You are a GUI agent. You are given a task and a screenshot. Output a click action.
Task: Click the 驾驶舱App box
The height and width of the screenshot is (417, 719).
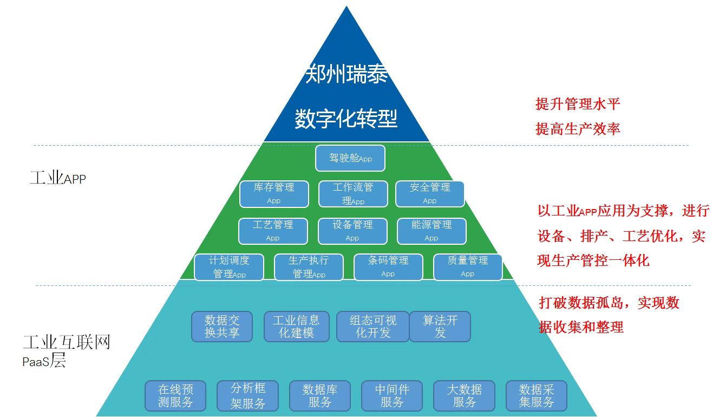click(x=350, y=158)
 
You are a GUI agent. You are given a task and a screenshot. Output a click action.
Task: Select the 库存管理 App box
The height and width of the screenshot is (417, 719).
click(x=274, y=194)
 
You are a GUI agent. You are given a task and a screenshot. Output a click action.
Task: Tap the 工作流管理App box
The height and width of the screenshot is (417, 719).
click(x=353, y=194)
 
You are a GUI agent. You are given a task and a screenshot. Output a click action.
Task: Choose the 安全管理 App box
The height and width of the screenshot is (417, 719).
click(x=430, y=194)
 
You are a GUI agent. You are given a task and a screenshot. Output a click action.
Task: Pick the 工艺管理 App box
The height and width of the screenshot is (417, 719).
click(x=273, y=231)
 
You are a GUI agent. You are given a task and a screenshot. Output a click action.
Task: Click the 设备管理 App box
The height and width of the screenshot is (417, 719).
click(x=352, y=231)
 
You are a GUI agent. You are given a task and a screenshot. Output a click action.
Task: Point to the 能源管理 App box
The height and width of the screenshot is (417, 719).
click(x=432, y=231)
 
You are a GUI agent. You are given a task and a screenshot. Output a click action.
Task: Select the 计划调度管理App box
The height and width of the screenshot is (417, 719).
click(x=229, y=267)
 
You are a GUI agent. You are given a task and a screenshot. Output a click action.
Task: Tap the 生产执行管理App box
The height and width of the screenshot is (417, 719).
click(x=309, y=267)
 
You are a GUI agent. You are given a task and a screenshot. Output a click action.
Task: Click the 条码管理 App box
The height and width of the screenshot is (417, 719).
click(x=388, y=267)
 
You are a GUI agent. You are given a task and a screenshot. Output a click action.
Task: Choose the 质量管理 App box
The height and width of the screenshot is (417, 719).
click(x=468, y=267)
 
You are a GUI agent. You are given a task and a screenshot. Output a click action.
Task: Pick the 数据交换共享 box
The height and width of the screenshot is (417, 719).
click(x=222, y=326)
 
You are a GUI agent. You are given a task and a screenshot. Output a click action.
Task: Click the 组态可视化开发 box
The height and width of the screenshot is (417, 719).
click(x=372, y=326)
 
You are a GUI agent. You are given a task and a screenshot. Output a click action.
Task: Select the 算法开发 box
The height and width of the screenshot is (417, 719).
click(x=440, y=326)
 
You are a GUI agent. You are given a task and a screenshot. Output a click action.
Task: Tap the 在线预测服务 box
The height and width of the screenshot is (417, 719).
click(x=175, y=396)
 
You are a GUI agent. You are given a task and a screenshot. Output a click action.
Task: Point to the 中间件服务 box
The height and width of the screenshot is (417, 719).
click(x=392, y=396)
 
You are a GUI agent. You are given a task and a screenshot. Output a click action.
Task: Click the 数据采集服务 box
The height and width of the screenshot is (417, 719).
click(x=537, y=396)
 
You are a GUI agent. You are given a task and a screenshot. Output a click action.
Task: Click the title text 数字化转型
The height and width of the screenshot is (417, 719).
click(x=346, y=119)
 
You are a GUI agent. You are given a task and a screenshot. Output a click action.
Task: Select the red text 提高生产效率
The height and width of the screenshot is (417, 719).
click(x=578, y=128)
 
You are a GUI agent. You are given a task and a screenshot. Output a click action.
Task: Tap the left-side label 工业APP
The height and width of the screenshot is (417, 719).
click(x=57, y=178)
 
